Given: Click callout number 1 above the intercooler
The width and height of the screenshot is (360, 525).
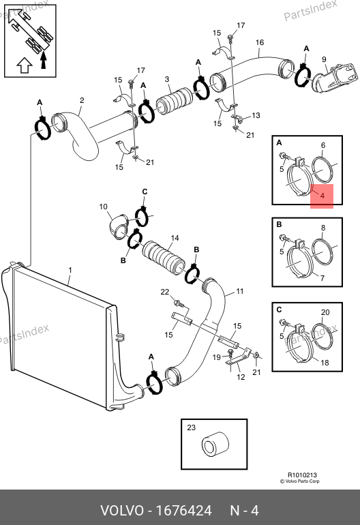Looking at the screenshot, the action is [70, 270].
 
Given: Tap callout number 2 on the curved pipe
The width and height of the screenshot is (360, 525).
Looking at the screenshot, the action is [82, 100].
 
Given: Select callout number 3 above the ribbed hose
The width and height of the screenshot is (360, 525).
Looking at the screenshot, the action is [167, 79].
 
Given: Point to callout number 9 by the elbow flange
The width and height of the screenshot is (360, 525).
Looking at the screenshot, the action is [324, 59].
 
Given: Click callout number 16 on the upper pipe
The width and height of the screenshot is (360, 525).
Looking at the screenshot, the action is [260, 42].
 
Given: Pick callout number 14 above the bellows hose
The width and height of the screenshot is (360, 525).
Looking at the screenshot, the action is [175, 238].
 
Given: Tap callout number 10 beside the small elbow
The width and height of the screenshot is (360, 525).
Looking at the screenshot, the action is [103, 207].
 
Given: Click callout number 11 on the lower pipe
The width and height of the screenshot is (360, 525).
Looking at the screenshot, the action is [240, 291].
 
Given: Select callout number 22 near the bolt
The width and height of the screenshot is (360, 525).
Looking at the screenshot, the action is [165, 292].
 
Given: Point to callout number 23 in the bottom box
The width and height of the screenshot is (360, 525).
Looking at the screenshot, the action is [191, 427].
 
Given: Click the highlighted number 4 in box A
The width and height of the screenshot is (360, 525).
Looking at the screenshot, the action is [322, 196].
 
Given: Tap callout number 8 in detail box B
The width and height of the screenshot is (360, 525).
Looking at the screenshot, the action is [322, 228].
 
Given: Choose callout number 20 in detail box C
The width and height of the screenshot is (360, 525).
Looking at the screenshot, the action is [325, 312].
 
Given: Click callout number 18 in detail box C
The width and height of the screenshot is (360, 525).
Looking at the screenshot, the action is [325, 363].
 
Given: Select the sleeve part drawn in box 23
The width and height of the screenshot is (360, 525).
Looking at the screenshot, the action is [215, 445].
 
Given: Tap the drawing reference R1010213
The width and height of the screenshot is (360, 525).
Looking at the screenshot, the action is [303, 475].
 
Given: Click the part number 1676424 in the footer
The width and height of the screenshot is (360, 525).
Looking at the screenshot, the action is [184, 511].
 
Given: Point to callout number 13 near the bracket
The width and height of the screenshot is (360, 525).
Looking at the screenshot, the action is [256, 115].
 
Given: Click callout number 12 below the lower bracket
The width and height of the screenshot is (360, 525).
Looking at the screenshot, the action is [241, 377].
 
